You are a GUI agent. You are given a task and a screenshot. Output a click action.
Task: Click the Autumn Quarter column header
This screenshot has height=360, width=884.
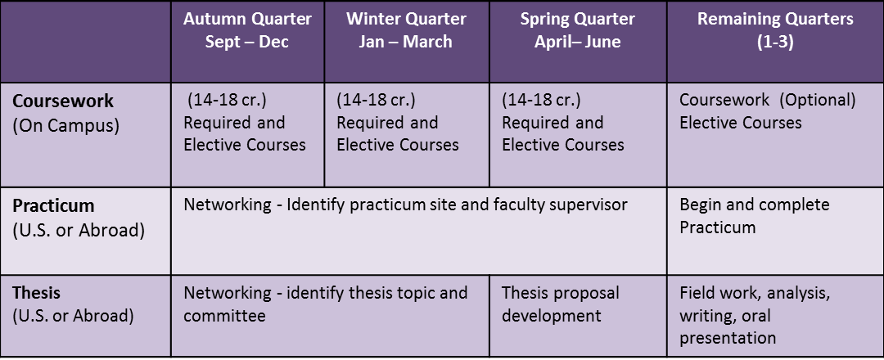247,29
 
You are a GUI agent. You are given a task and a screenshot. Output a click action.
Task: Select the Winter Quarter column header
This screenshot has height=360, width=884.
406,29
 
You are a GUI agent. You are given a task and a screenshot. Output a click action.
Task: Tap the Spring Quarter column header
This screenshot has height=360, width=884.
577,29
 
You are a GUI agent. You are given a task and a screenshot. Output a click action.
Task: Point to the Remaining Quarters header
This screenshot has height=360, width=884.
775,29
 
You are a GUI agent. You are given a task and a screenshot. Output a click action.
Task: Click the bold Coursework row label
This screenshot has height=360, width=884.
63,101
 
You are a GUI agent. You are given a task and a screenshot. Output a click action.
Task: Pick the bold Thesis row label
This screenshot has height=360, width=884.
36,293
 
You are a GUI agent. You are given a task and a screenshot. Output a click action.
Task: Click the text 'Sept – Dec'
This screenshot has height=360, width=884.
247,42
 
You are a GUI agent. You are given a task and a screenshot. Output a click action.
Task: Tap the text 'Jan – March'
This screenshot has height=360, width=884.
406,42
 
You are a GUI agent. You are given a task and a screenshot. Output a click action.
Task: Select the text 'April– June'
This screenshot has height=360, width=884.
577,42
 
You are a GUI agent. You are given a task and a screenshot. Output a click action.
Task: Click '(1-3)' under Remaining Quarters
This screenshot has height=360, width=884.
775,43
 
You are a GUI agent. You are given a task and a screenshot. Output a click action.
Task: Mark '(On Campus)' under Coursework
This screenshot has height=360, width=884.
66,126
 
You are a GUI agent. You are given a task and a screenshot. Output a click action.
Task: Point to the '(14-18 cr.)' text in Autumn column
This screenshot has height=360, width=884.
228,101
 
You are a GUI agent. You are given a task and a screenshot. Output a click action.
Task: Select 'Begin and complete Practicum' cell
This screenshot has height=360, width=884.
755,216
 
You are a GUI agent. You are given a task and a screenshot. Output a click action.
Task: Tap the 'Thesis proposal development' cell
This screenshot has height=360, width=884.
561,304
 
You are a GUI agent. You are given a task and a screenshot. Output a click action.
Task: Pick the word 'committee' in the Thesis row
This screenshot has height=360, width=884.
224,316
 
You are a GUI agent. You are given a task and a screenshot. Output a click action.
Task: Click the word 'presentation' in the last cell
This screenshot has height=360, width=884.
728,338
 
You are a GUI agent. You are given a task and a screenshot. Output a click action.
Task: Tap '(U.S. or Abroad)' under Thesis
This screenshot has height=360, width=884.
74,316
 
